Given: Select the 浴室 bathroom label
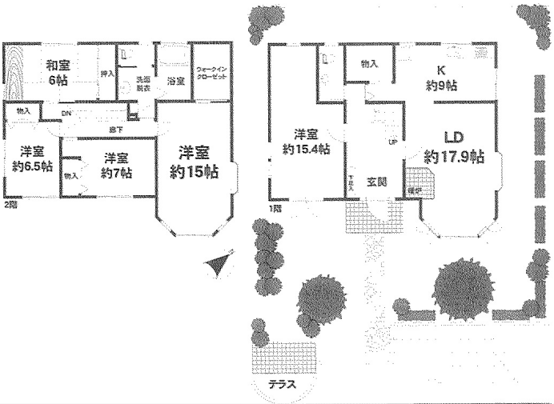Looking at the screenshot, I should point(175,81).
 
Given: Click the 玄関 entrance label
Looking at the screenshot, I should point(377,182).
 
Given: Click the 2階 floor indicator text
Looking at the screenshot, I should point(10,206).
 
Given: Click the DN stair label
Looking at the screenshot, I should point(66,114).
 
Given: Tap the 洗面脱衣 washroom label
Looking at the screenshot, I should point(143,84).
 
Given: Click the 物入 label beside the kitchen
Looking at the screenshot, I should point(369,63).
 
